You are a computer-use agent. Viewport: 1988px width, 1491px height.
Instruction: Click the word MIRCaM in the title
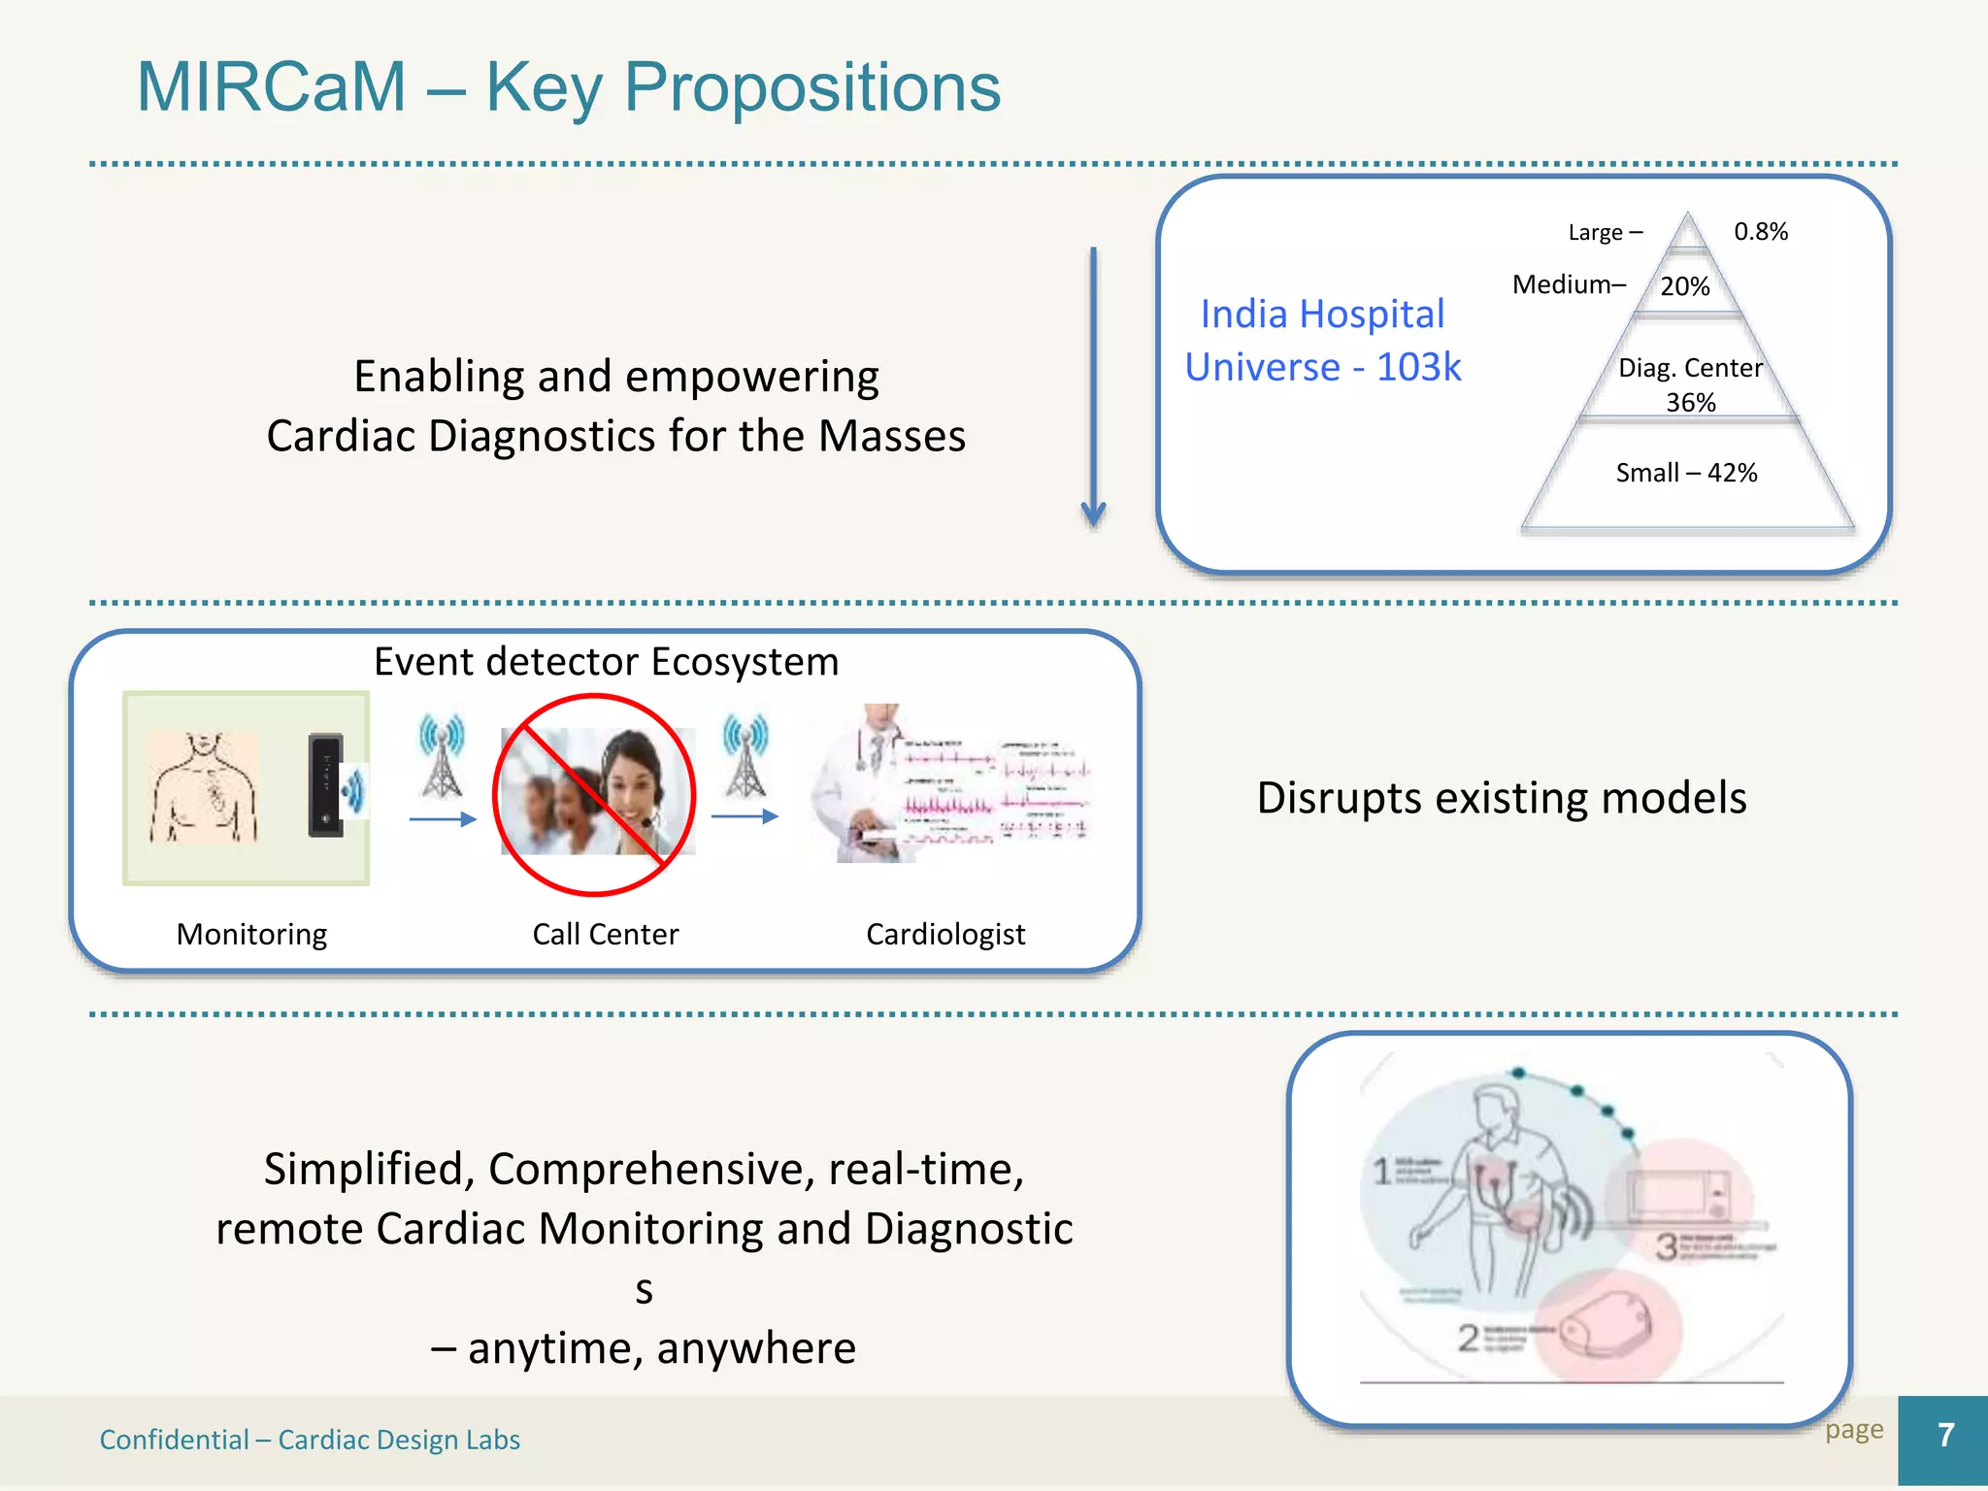pyautogui.click(x=271, y=87)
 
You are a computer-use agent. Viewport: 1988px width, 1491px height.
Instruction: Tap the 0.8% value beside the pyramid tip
pyautogui.click(x=1760, y=232)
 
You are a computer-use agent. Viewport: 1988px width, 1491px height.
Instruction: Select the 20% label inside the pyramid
pyautogui.click(x=1684, y=286)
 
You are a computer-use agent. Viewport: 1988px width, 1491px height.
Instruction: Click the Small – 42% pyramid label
pyautogui.click(x=1686, y=473)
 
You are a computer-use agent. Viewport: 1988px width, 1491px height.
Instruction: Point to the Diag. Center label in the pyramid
pyautogui.click(x=1690, y=368)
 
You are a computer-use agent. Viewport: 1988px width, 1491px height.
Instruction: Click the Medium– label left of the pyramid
pyautogui.click(x=1569, y=284)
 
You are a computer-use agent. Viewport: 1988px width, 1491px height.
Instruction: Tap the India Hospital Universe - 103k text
pyautogui.click(x=1322, y=341)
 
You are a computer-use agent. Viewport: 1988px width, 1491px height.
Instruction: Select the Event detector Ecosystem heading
pyautogui.click(x=606, y=662)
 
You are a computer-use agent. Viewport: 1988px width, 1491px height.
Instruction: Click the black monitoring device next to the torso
pyautogui.click(x=326, y=785)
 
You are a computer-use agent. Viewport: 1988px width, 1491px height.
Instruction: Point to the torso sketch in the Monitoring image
pyautogui.click(x=204, y=786)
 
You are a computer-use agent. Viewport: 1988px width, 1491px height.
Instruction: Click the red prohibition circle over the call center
pyautogui.click(x=594, y=794)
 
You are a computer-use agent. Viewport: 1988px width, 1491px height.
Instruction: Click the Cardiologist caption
pyautogui.click(x=944, y=934)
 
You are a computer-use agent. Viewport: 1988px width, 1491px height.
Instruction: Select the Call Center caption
pyautogui.click(x=605, y=934)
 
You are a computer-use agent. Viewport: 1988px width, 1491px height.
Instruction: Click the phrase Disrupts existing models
pyautogui.click(x=1501, y=798)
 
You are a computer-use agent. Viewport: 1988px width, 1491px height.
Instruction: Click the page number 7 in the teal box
pyautogui.click(x=1944, y=1436)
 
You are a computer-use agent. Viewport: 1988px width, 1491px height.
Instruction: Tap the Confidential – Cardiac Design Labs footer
pyautogui.click(x=310, y=1440)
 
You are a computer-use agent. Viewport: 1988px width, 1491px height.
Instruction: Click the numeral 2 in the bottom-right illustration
pyautogui.click(x=1468, y=1339)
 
